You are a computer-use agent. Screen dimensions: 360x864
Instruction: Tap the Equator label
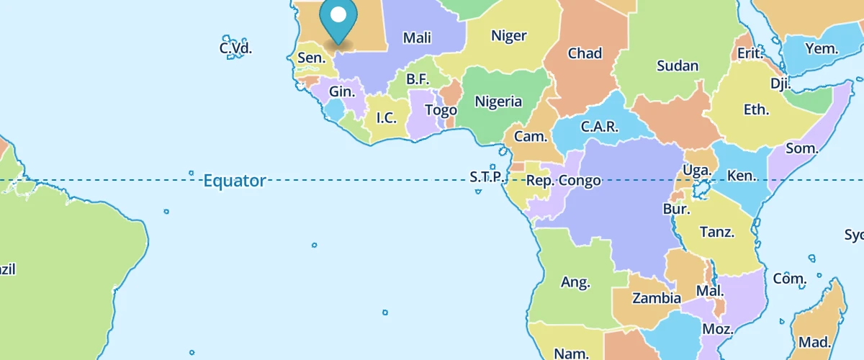tap(234, 181)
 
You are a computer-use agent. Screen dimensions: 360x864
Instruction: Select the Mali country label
tap(417, 38)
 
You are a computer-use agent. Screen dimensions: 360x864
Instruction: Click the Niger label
tap(508, 36)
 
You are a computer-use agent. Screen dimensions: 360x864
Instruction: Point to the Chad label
tap(585, 53)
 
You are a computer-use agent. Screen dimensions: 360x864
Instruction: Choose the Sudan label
tap(678, 66)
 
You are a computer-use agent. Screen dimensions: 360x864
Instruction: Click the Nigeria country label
tap(498, 102)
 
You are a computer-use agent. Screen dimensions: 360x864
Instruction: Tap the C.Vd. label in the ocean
tap(236, 49)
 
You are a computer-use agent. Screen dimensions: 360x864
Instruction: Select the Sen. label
tap(311, 58)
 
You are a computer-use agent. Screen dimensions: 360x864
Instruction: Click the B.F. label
tap(418, 79)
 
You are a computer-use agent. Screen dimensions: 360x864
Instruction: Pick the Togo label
tap(441, 110)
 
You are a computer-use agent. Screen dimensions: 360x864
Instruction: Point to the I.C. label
tap(386, 117)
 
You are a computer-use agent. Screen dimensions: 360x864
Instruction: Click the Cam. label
tap(531, 136)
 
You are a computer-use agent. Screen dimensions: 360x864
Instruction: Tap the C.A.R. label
tap(599, 127)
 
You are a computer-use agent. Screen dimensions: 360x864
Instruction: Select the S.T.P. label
tap(485, 176)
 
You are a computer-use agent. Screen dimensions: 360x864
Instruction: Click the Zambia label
tap(656, 298)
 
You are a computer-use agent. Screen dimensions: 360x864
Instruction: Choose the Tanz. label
tap(717, 232)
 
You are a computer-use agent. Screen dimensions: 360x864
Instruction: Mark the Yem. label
tap(822, 49)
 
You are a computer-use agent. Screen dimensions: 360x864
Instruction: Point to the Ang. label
tap(575, 282)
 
